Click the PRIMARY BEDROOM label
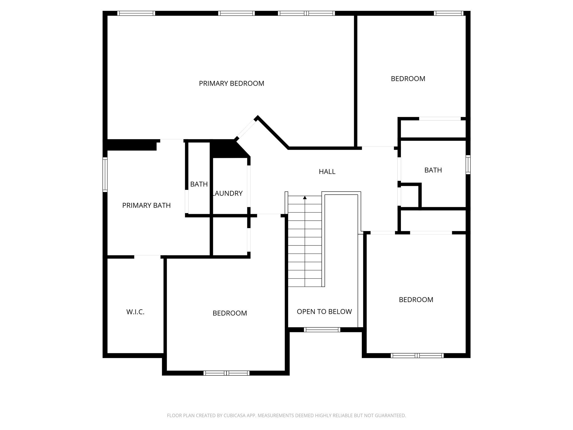click(x=231, y=83)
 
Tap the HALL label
click(x=327, y=172)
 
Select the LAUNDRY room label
click(x=228, y=193)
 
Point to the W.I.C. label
click(x=135, y=312)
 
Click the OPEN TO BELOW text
click(x=324, y=312)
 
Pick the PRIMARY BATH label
click(x=146, y=205)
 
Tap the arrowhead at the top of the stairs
click(x=305, y=198)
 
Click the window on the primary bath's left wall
click(x=105, y=174)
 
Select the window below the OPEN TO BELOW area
click(x=322, y=330)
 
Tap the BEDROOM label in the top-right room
click(x=408, y=79)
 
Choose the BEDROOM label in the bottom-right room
click(x=416, y=300)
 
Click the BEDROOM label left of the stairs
click(x=230, y=313)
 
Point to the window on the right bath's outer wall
click(x=468, y=165)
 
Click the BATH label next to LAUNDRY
click(x=199, y=184)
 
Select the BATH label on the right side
click(x=433, y=170)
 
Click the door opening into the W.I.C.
click(x=147, y=257)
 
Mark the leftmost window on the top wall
click(x=136, y=13)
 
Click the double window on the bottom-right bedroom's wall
click(x=417, y=356)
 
